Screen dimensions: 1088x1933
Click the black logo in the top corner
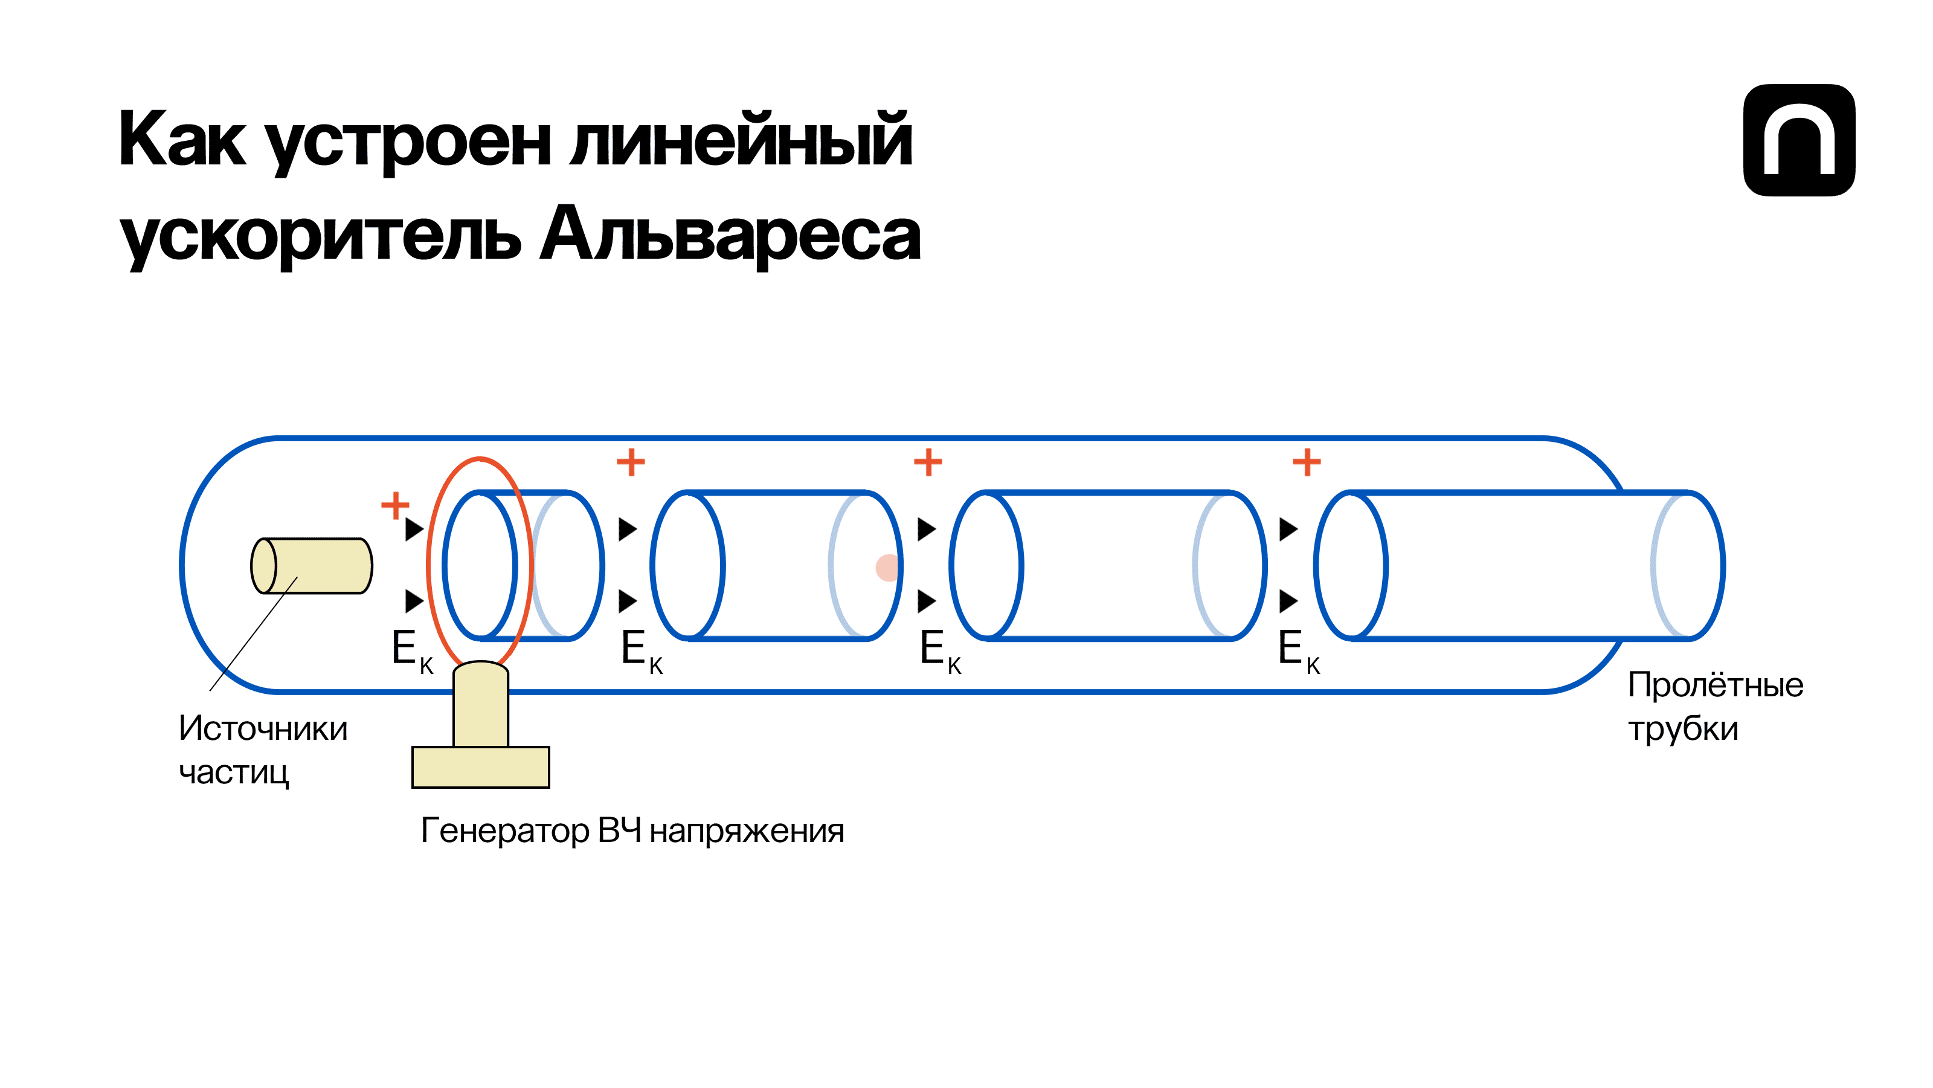pyautogui.click(x=1799, y=140)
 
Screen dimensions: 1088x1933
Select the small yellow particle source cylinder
pyautogui.click(x=312, y=565)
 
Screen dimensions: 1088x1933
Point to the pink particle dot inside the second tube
pyautogui.click(x=886, y=568)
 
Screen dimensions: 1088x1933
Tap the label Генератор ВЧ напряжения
pyautogui.click(x=632, y=831)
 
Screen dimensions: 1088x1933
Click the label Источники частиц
pyautogui.click(x=263, y=750)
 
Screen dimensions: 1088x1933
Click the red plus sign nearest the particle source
pyautogui.click(x=396, y=505)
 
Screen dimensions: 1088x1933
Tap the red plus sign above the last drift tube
pyautogui.click(x=1307, y=462)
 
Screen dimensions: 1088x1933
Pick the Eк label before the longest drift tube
pyautogui.click(x=1298, y=650)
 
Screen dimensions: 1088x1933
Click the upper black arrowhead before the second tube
pyautogui.click(x=628, y=529)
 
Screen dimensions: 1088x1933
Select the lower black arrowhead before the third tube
pyautogui.click(x=926, y=601)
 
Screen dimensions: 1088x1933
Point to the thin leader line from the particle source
pyautogui.click(x=251, y=636)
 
